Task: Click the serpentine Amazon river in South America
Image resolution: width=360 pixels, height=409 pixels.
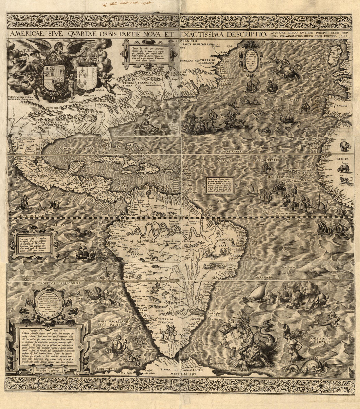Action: tap(164, 229)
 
